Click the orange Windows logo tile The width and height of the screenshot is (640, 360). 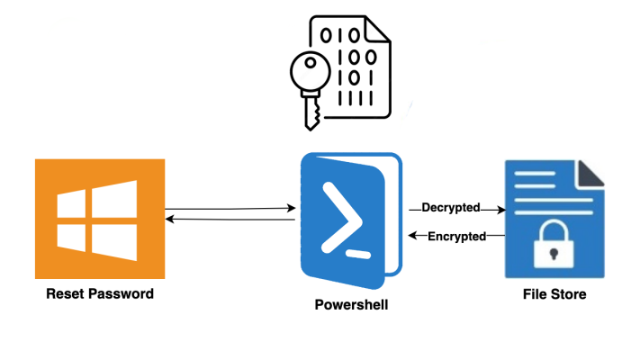click(99, 219)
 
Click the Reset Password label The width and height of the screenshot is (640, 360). click(100, 294)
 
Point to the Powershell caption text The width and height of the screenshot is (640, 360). click(351, 304)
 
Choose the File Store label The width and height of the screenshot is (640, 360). click(554, 294)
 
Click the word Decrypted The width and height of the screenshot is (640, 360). click(451, 208)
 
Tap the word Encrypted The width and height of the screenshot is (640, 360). click(456, 236)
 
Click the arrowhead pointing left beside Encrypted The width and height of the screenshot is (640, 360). click(412, 236)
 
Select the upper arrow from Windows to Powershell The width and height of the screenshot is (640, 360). click(230, 209)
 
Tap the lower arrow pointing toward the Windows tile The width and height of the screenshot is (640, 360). click(230, 220)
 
